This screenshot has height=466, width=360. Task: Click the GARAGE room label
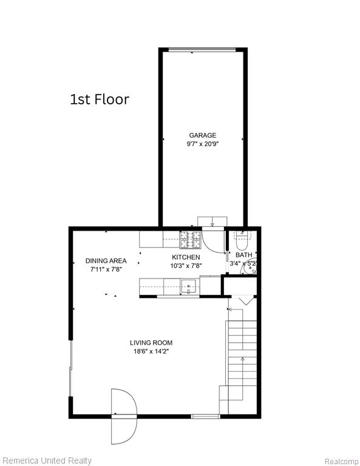[x=202, y=135]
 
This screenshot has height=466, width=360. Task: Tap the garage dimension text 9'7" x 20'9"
[x=202, y=144]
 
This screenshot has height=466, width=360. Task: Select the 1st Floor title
[x=100, y=100]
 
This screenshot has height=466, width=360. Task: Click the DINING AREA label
[x=106, y=261]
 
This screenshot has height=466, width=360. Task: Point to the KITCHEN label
[x=186, y=257]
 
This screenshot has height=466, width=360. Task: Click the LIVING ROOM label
[x=151, y=343]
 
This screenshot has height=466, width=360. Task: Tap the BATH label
[x=244, y=255]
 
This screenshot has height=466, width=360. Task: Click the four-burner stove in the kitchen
[x=190, y=240]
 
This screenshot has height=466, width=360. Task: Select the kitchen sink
[x=188, y=287]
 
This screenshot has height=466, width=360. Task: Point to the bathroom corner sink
[x=250, y=268]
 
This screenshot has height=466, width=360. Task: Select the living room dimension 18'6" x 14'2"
[x=151, y=351]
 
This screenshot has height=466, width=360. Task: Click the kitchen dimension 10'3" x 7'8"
[x=186, y=266]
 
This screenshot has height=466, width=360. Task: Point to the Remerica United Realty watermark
[x=46, y=461]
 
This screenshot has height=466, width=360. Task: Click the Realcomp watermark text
[x=342, y=462]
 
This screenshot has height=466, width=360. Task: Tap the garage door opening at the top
[x=202, y=50]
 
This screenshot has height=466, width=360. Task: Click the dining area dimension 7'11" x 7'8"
[x=106, y=269]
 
